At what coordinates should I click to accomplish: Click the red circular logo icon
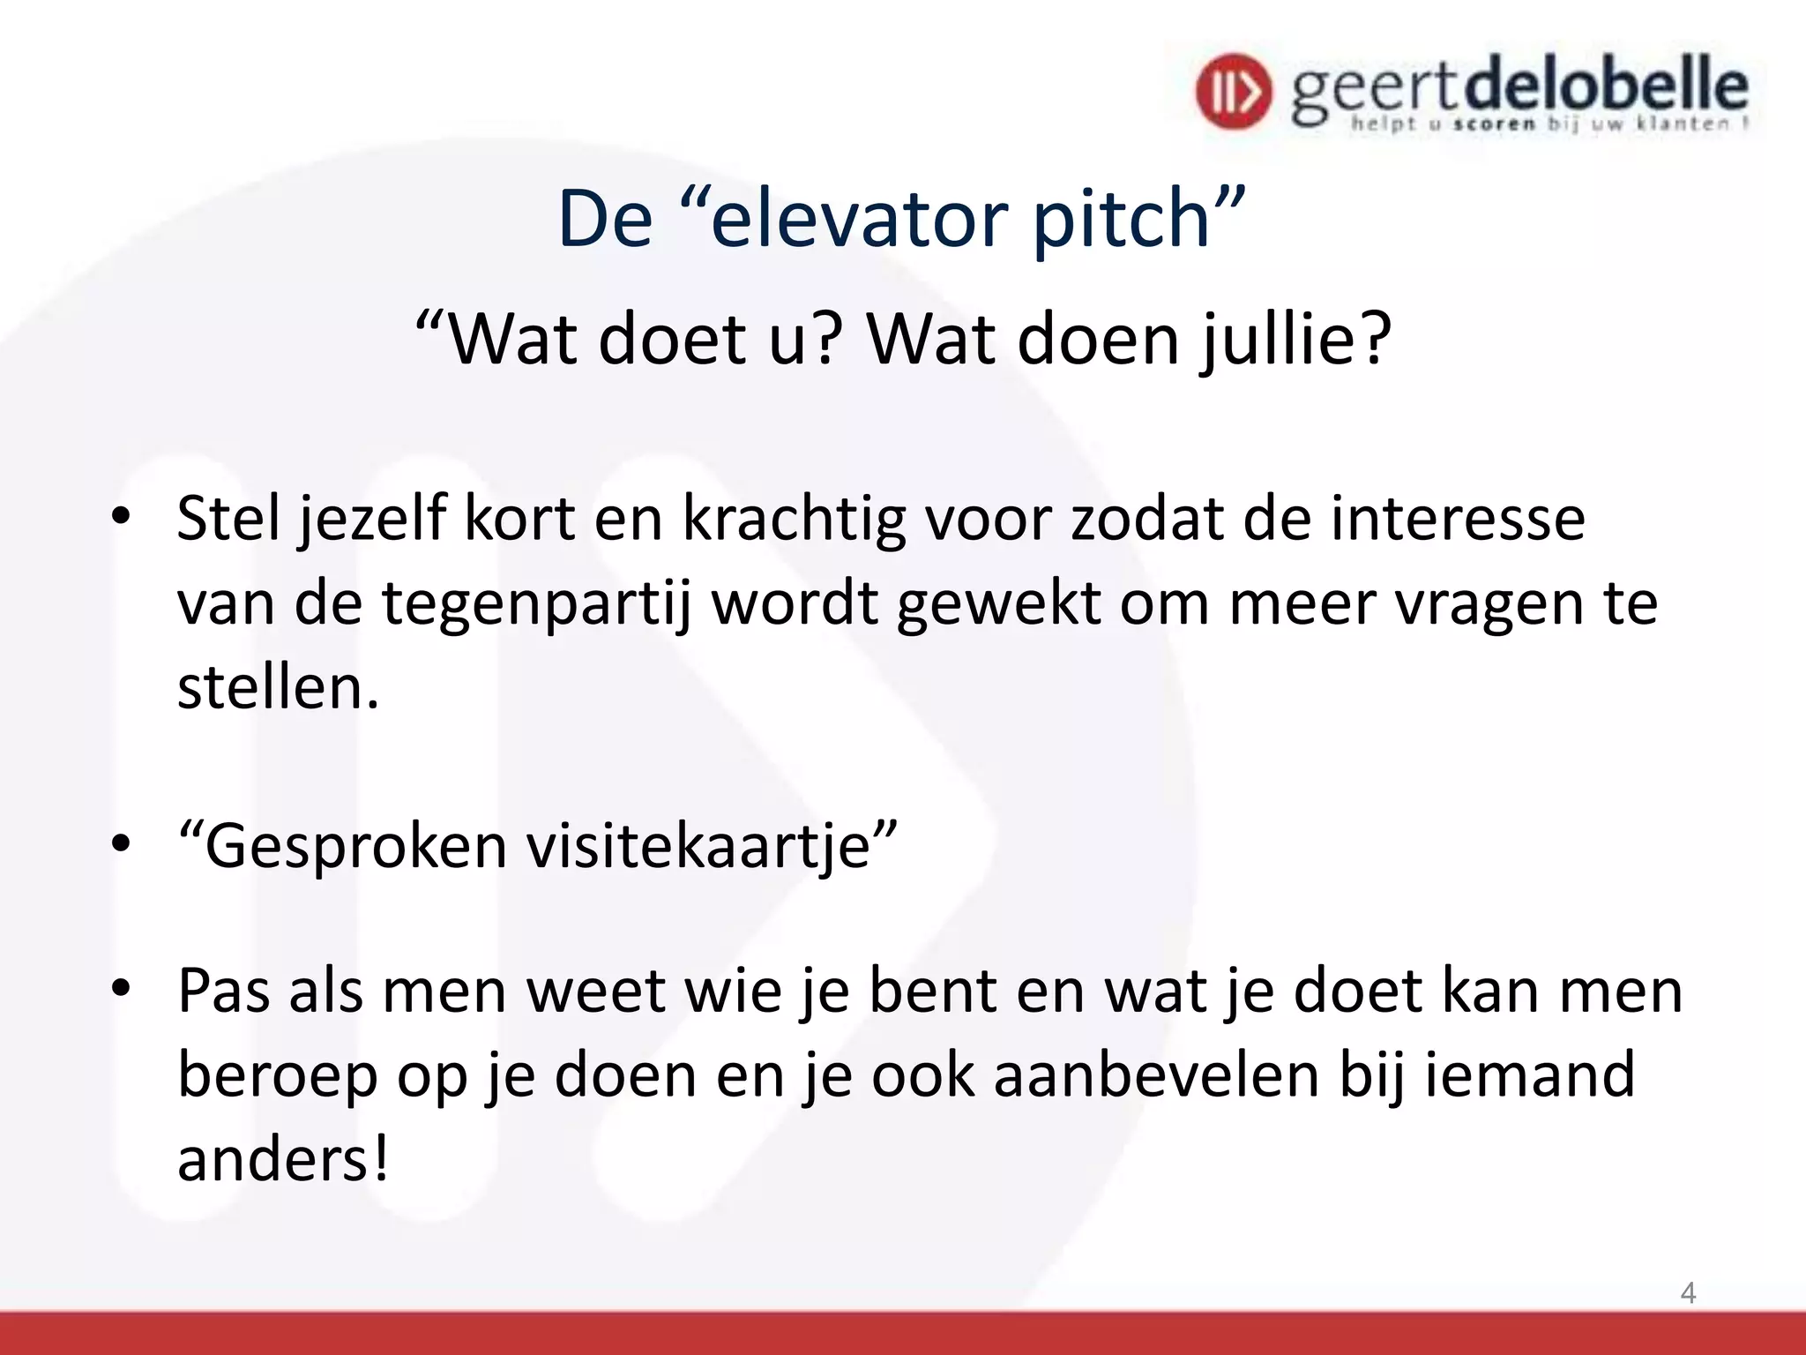click(x=1234, y=91)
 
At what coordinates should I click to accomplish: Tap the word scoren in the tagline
click(x=1494, y=124)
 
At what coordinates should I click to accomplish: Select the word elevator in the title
click(x=860, y=219)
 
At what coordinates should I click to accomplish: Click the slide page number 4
click(x=1688, y=1292)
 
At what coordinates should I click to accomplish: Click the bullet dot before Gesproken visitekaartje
click(x=121, y=843)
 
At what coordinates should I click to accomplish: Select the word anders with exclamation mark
click(x=282, y=1159)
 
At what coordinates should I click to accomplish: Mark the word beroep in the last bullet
click(x=278, y=1076)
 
